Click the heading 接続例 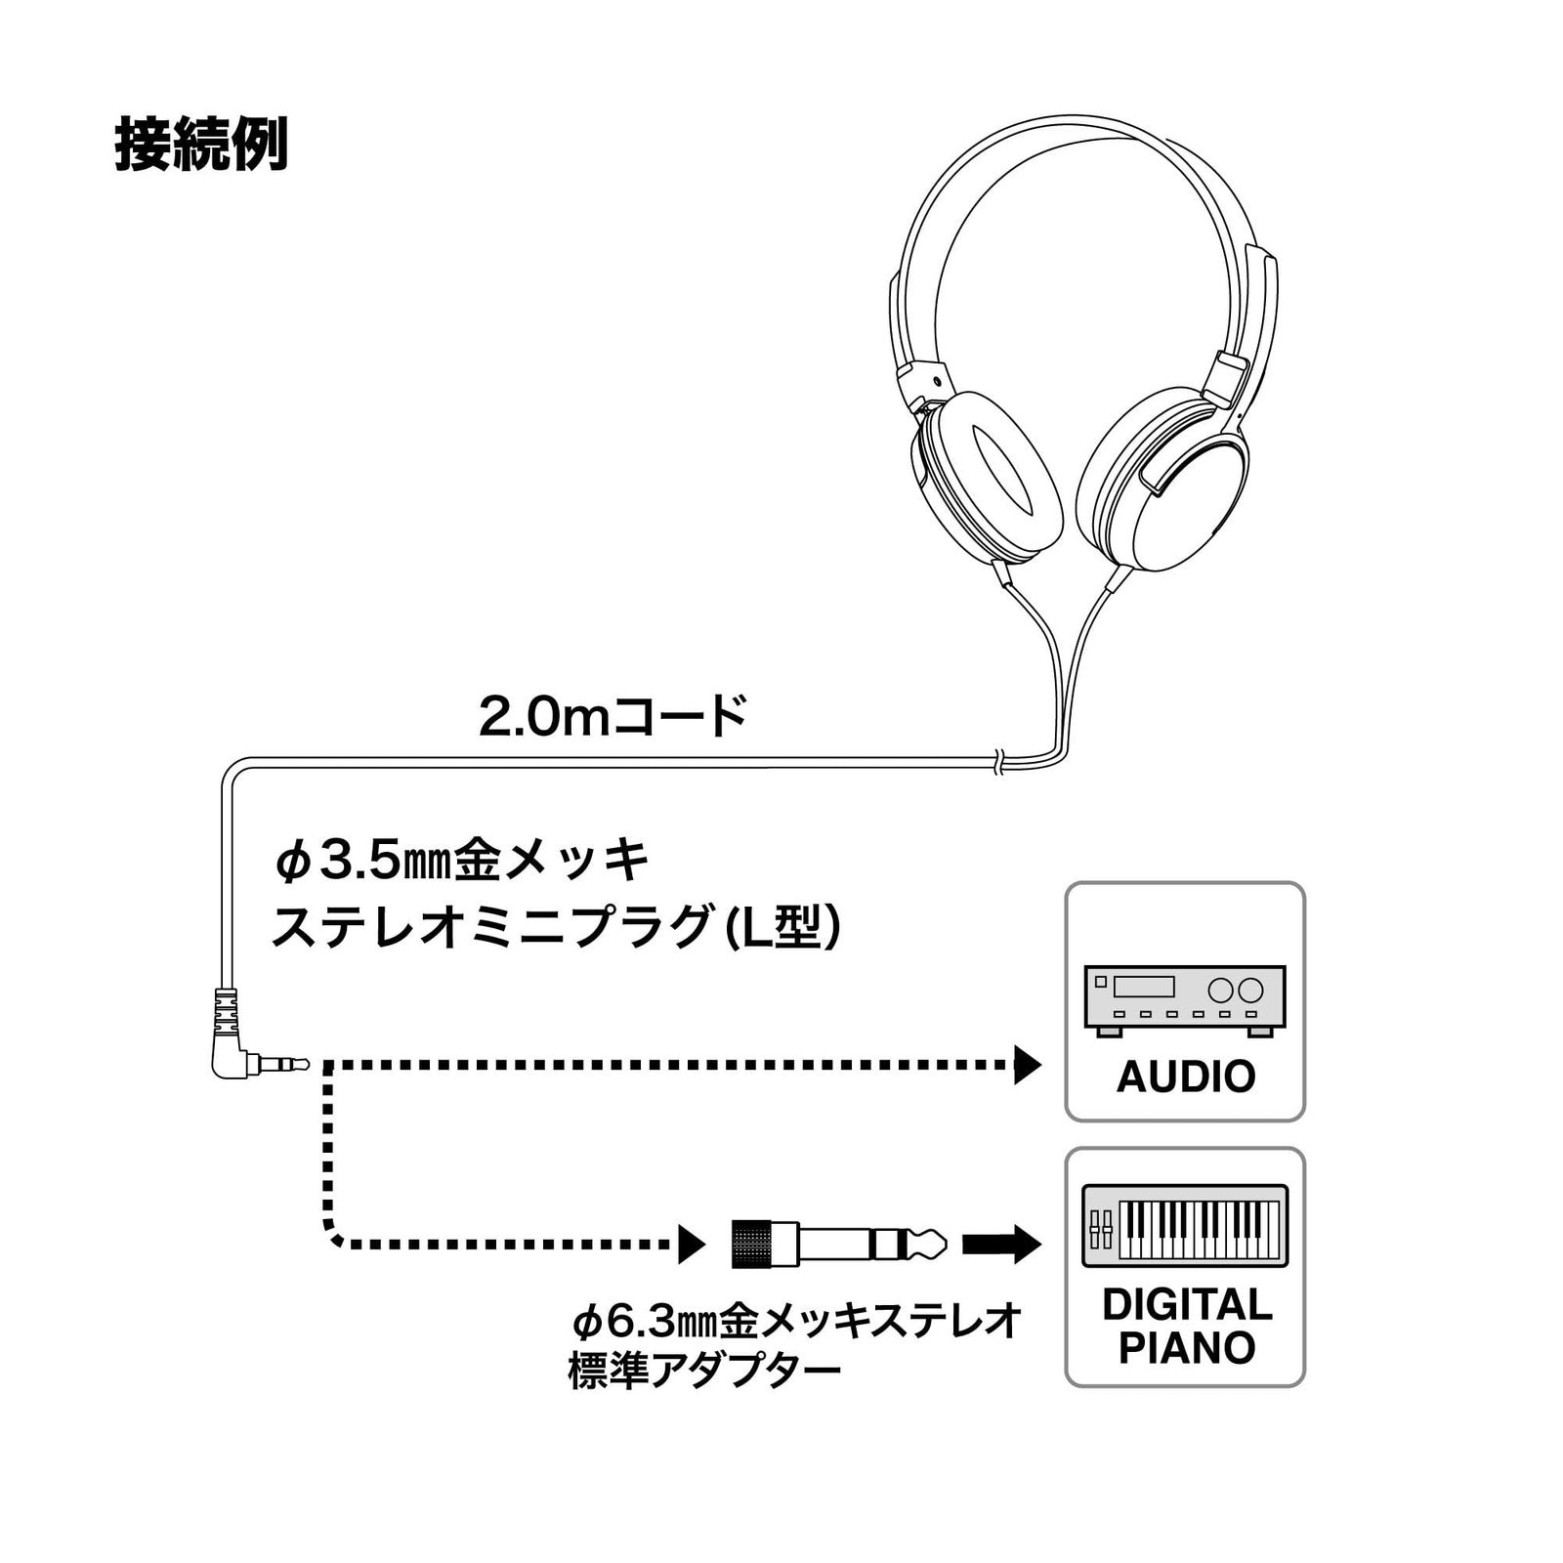click(x=201, y=146)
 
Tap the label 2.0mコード click(x=613, y=716)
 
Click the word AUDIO click(x=1185, y=1077)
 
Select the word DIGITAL click(x=1187, y=1305)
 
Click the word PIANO click(x=1186, y=1348)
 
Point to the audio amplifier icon click(x=1185, y=1000)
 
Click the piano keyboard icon click(x=1185, y=1225)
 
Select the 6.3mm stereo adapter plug click(x=839, y=1245)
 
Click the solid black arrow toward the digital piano click(x=1001, y=1245)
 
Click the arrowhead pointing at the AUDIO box click(x=1028, y=1064)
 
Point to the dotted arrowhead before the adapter click(x=692, y=1245)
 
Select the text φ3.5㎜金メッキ click(x=462, y=861)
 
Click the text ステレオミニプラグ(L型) click(x=555, y=925)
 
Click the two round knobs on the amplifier click(x=1235, y=991)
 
